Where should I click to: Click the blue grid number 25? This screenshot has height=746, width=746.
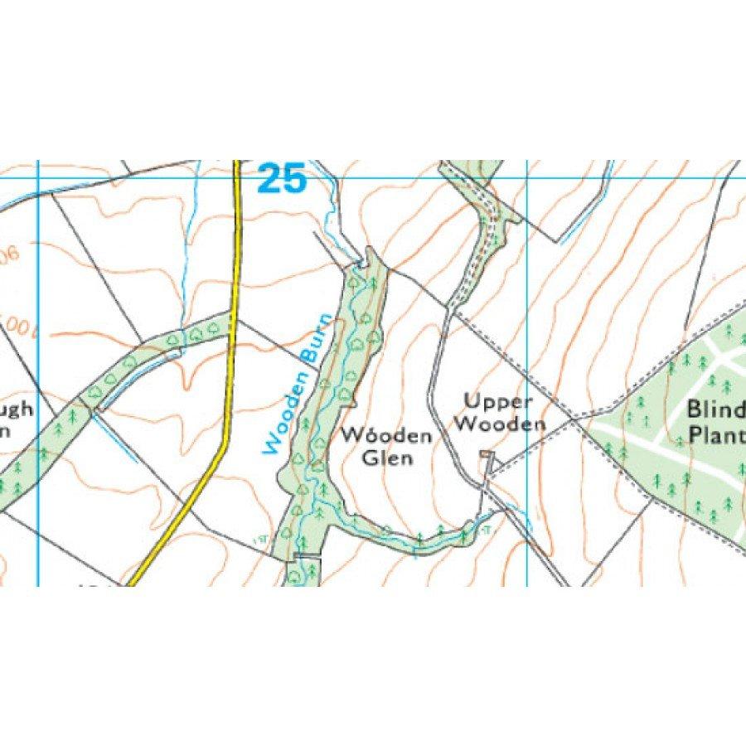point(281,178)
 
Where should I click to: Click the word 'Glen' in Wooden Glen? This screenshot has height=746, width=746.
point(388,458)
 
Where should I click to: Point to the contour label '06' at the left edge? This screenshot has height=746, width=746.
point(8,255)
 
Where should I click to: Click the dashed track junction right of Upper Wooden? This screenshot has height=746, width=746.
point(574,418)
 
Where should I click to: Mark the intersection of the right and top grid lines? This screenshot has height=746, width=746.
point(527,177)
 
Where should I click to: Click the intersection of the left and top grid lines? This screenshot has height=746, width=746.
point(38,177)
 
